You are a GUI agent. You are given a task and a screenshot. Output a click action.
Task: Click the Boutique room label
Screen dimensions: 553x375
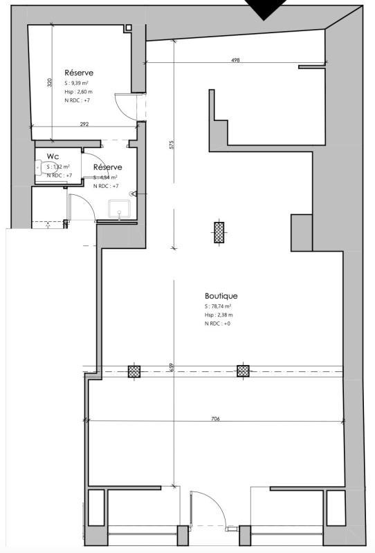[221, 296]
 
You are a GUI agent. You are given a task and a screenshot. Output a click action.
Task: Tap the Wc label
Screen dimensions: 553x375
[53, 156]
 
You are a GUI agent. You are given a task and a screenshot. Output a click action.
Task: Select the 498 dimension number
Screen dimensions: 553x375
[235, 61]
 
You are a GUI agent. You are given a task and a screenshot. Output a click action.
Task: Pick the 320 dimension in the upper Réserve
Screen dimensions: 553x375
[50, 83]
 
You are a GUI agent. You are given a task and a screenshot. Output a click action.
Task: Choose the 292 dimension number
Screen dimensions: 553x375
[84, 124]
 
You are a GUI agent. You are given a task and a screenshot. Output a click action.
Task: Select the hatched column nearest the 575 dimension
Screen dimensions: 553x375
[219, 232]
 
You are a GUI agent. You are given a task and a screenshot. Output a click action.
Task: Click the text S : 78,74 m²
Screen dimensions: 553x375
[217, 306]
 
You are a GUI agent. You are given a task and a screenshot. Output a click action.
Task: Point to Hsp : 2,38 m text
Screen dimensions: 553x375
[217, 315]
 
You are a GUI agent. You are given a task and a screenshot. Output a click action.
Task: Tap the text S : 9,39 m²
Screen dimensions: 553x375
[77, 84]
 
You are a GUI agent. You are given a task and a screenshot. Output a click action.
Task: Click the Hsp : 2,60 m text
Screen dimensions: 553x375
[79, 92]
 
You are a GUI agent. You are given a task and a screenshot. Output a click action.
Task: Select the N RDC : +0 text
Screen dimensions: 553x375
[217, 323]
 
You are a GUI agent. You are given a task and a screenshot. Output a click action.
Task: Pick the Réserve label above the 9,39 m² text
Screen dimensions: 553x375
[79, 73]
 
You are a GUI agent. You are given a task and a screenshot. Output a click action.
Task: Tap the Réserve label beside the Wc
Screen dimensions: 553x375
[107, 167]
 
